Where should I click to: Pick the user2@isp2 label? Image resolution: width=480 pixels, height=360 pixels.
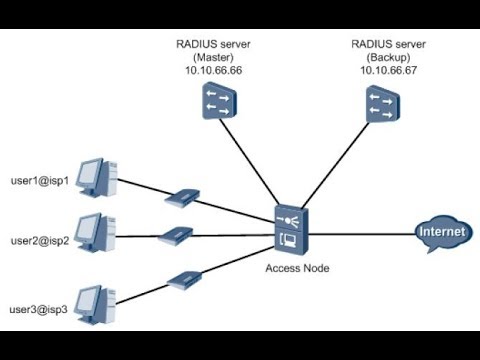pos(39,242)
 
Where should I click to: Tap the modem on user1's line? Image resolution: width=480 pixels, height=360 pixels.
pos(185,196)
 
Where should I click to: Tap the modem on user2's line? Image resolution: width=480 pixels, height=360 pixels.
pos(176,237)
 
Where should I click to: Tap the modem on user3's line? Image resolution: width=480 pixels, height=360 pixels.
pos(185,277)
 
